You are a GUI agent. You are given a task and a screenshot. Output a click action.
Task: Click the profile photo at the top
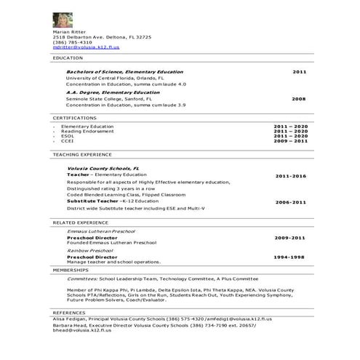click(x=63, y=20)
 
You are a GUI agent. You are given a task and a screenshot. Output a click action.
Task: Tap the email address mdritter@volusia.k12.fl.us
click(x=86, y=47)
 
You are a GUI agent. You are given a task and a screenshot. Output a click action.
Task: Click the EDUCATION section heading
click(x=68, y=57)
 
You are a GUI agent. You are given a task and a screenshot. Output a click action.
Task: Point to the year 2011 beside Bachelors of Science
click(x=300, y=72)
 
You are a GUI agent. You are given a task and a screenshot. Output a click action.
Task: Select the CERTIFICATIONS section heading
click(x=74, y=117)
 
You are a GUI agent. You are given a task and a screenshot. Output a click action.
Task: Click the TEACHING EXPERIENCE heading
click(x=81, y=154)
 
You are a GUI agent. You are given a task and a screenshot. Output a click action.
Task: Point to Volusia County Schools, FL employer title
click(x=103, y=168)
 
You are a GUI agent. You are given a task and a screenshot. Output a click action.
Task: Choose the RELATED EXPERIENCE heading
click(x=80, y=222)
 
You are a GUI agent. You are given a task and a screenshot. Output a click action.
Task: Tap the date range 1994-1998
click(x=290, y=257)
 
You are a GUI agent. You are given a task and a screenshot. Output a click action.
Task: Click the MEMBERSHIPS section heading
click(x=71, y=269)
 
